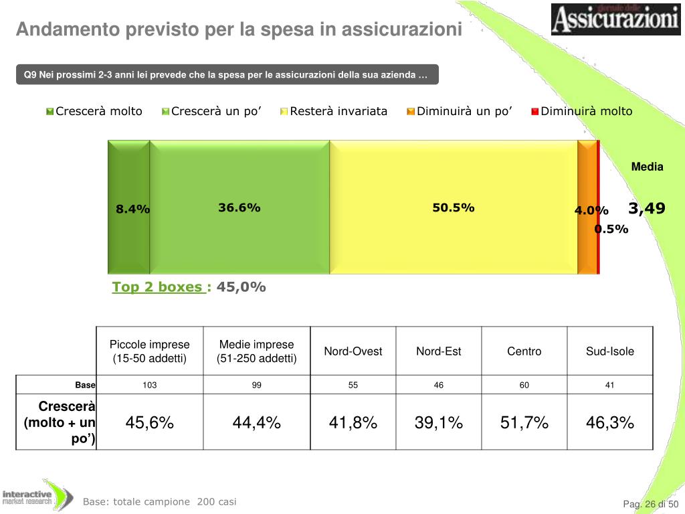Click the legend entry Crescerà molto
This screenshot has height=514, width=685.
pyautogui.click(x=94, y=111)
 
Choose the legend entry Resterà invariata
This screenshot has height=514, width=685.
pyautogui.click(x=334, y=111)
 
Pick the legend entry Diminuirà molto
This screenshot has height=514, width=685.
pyautogui.click(x=581, y=111)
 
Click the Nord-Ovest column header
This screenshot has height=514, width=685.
pyautogui.click(x=353, y=351)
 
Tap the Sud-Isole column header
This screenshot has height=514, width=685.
pyautogui.click(x=610, y=351)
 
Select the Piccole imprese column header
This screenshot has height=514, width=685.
pyautogui.click(x=150, y=351)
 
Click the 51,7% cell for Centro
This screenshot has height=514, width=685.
pyautogui.click(x=524, y=423)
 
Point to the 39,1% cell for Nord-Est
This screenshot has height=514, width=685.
pyautogui.click(x=439, y=423)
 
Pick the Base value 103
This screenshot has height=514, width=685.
pyautogui.click(x=150, y=385)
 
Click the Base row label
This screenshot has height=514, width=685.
pyautogui.click(x=85, y=385)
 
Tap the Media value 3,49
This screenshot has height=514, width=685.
pyautogui.click(x=646, y=209)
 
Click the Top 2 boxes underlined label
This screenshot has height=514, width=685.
pyautogui.click(x=159, y=287)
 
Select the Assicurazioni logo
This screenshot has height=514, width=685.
pyautogui.click(x=615, y=19)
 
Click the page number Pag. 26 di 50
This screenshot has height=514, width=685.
pyautogui.click(x=651, y=504)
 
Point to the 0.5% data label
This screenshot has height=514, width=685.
pyautogui.click(x=612, y=230)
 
